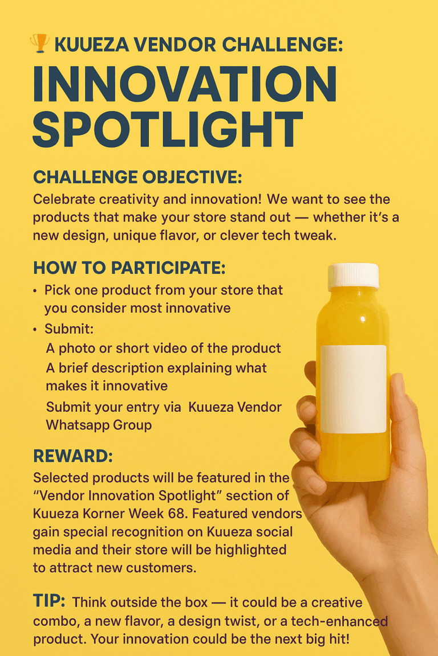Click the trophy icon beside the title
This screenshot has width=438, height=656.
tap(39, 43)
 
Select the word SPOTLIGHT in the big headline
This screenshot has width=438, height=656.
tap(168, 130)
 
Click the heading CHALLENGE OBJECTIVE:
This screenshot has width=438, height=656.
tap(137, 177)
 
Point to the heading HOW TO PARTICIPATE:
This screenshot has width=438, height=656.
tap(129, 268)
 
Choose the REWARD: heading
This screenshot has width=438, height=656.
tap(73, 456)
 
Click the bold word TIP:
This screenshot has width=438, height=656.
tap(49, 601)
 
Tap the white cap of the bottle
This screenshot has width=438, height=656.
tap(354, 276)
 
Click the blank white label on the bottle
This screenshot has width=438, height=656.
tap(354, 389)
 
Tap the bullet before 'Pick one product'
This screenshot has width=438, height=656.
tap(35, 291)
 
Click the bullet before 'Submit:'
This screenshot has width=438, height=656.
tap(35, 330)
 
